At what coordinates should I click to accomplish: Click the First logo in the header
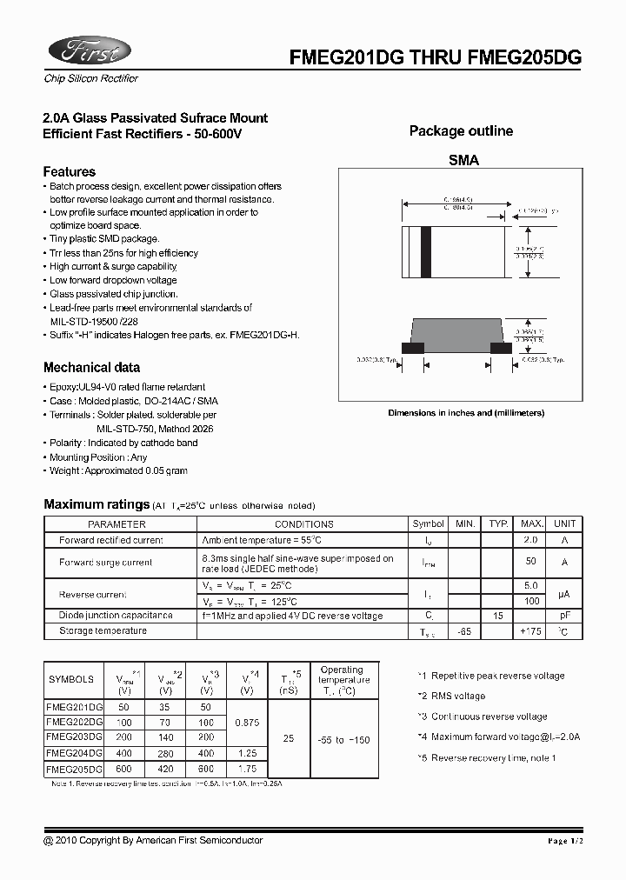click(x=88, y=51)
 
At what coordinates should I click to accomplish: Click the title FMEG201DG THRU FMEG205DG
click(x=435, y=58)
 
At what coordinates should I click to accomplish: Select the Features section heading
click(x=70, y=171)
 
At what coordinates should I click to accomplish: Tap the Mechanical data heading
click(x=91, y=367)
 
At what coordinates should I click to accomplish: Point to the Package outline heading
click(x=461, y=131)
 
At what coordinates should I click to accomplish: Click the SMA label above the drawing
click(x=463, y=160)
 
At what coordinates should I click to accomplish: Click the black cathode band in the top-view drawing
click(x=426, y=251)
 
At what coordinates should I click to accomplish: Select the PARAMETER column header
click(x=117, y=524)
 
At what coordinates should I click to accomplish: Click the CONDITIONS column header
click(x=303, y=524)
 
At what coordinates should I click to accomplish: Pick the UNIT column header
click(x=564, y=523)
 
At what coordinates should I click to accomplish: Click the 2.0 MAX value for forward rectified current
click(x=530, y=540)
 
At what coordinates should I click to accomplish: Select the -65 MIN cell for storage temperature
click(x=465, y=631)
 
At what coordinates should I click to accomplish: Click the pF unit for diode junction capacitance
click(x=564, y=616)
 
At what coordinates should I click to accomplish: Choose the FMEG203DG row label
click(x=74, y=737)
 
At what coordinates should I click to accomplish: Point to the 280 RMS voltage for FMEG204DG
click(x=165, y=754)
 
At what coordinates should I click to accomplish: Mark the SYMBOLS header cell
click(x=71, y=680)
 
